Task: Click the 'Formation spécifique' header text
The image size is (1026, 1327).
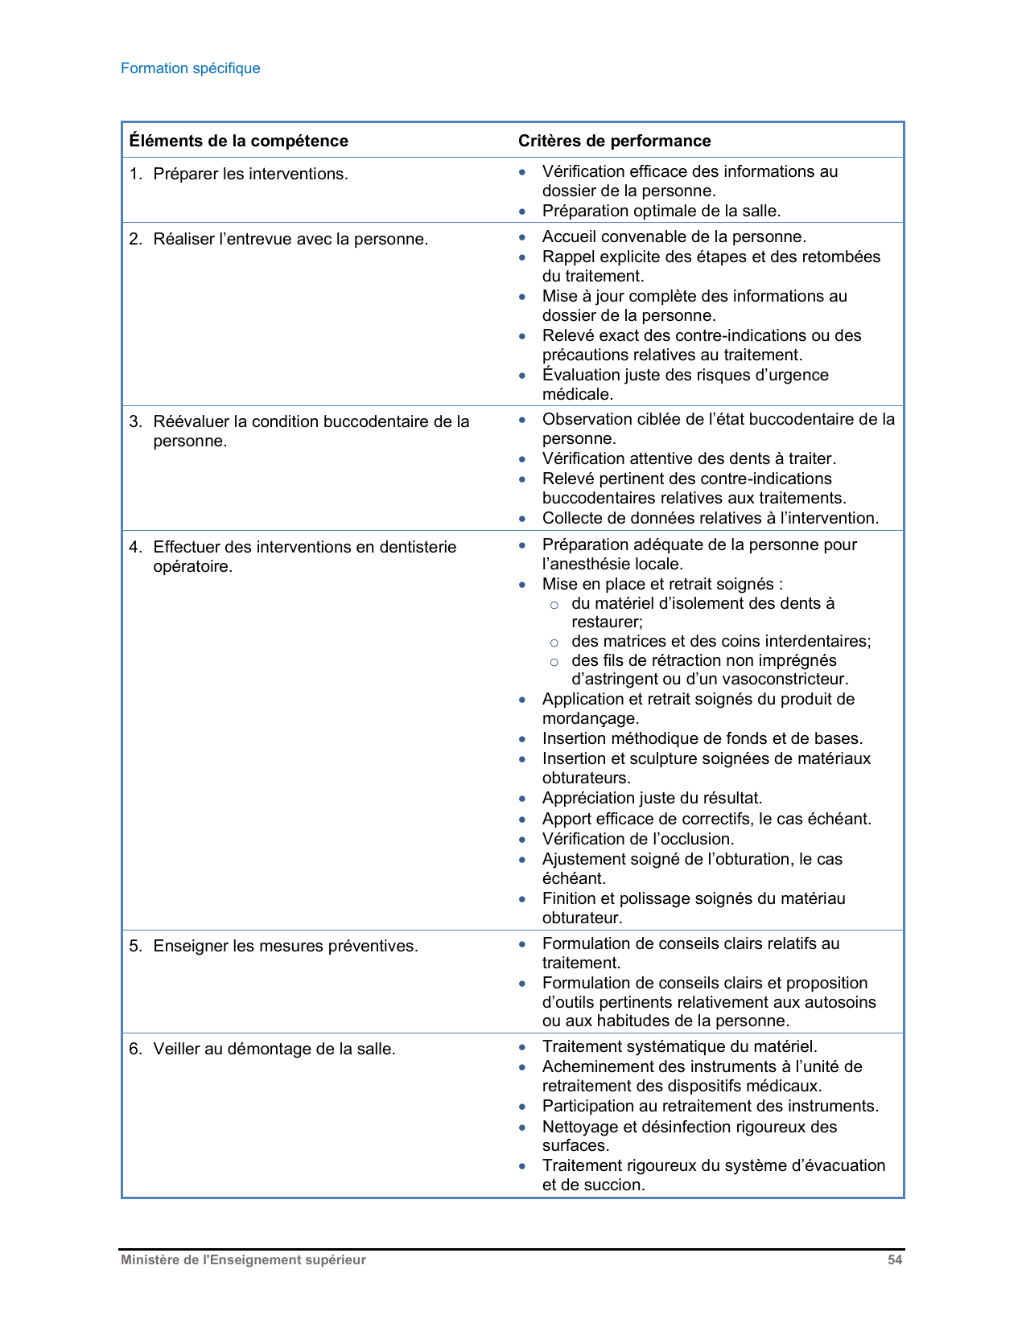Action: pos(191,68)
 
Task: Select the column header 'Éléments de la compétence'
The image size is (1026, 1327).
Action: pos(239,141)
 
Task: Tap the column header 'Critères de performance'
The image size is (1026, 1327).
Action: pos(614,141)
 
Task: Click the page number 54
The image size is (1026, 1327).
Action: pos(895,1260)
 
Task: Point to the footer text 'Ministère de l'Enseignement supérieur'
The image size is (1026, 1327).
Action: pos(243,1260)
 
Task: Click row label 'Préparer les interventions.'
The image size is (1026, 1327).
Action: pos(250,174)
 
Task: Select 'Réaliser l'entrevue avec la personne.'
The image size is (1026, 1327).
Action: pos(290,239)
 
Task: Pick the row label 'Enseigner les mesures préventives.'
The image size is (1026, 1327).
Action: pos(286,946)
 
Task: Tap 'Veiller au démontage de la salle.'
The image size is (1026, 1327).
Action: pos(274,1049)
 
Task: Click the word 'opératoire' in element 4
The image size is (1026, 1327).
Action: pos(192,566)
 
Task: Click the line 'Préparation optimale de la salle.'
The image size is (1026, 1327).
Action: pos(661,211)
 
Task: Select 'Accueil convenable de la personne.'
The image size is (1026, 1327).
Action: pos(674,236)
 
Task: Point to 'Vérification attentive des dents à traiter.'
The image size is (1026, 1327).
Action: pos(689,458)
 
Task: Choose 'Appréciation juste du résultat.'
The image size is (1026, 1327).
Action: pos(652,798)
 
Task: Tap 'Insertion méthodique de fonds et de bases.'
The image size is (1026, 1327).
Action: pos(703,738)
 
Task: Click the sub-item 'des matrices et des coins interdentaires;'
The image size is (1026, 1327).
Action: pos(721,641)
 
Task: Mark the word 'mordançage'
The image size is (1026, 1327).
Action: pos(589,718)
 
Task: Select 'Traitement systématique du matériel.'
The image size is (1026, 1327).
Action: pos(679,1046)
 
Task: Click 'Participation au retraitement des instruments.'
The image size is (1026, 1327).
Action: pos(711,1106)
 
